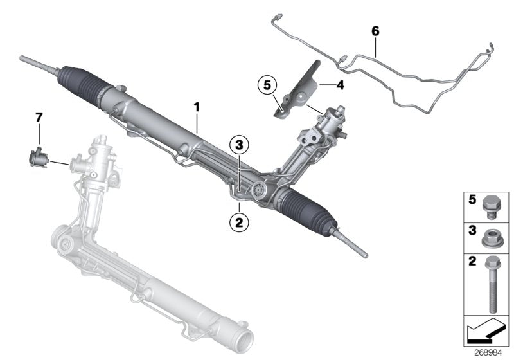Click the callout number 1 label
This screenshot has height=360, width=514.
pos(197,105)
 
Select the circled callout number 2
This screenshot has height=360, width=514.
pos(238,222)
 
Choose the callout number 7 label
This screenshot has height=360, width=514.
pos(39,117)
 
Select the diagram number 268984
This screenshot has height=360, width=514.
pos(491,353)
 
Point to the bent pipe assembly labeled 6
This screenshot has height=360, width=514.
pos(411,77)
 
